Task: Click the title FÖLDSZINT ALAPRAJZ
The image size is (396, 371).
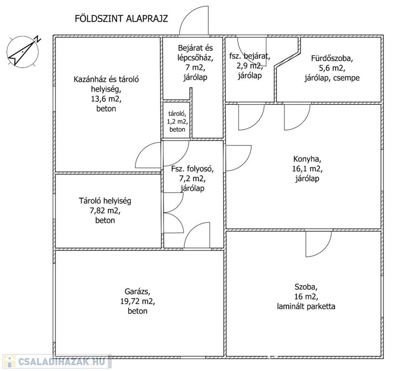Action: click(x=121, y=19)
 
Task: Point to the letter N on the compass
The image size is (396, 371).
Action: click(x=38, y=39)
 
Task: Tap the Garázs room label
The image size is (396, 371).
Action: click(x=137, y=292)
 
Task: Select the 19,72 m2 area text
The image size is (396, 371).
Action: click(x=137, y=301)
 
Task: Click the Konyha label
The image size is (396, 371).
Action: click(x=307, y=159)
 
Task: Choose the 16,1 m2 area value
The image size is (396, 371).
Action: click(x=307, y=169)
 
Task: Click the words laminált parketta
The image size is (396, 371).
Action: click(x=306, y=307)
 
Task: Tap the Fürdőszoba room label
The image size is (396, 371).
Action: click(x=332, y=58)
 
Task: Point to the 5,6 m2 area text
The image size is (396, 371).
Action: click(x=332, y=68)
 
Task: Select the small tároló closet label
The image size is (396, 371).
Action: click(x=178, y=114)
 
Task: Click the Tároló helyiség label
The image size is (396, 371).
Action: click(x=105, y=201)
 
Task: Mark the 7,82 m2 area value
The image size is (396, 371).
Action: click(x=105, y=211)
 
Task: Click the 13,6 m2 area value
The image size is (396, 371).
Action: click(x=106, y=99)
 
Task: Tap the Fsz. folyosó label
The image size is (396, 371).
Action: click(x=192, y=169)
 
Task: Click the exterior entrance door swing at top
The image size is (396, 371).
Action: click(x=194, y=20)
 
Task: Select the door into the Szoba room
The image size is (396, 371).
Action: click(x=318, y=243)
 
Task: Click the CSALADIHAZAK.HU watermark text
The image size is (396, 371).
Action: click(x=62, y=361)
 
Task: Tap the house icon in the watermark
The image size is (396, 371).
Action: click(x=9, y=361)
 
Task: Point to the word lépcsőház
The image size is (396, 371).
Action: click(x=195, y=58)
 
